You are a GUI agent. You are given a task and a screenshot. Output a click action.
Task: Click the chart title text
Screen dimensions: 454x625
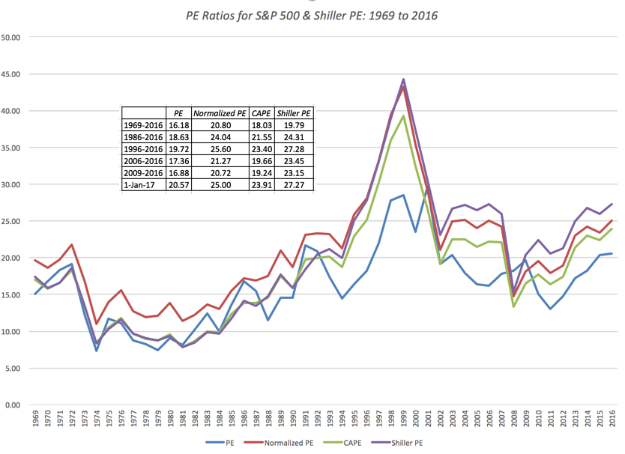coord(312,15)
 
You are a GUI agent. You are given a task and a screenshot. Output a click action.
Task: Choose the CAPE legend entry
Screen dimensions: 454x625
coord(348,443)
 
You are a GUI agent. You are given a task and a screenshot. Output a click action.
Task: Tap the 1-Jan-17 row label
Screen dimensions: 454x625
coord(142,184)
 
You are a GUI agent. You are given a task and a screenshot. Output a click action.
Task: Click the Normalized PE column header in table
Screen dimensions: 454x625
coord(220,112)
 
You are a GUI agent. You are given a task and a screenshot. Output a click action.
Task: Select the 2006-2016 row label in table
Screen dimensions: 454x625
coord(142,160)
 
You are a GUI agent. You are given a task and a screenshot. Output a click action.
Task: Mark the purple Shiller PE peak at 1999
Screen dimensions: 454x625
coord(404,79)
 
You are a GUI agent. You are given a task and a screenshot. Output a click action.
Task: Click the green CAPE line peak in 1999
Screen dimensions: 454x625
coord(404,115)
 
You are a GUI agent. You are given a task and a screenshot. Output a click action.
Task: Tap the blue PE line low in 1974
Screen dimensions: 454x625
coord(97,351)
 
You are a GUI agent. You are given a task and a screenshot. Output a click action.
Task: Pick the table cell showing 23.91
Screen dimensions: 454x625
coord(262,184)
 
